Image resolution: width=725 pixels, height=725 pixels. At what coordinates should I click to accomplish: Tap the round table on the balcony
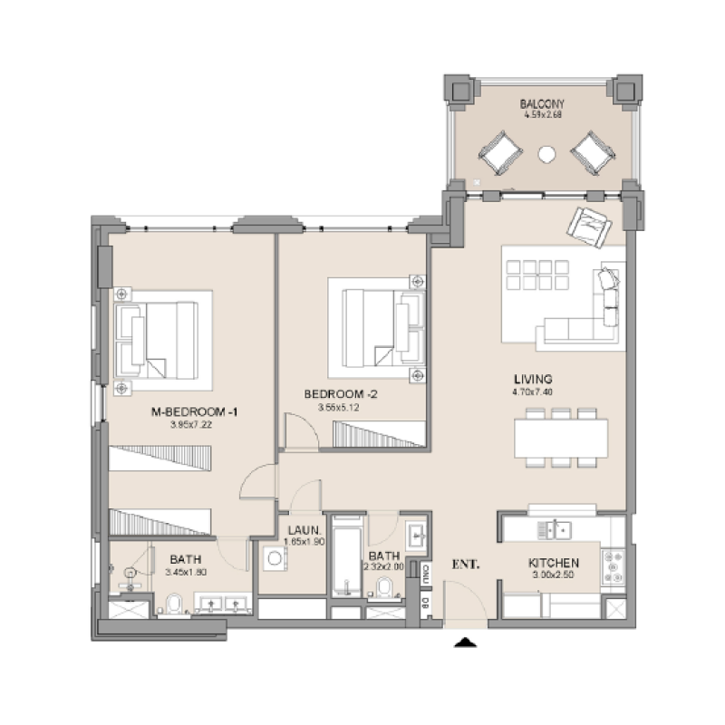click(546, 154)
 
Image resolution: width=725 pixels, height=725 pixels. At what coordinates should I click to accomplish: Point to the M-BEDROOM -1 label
click(194, 412)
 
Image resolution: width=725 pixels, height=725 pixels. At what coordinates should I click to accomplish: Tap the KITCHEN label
click(554, 563)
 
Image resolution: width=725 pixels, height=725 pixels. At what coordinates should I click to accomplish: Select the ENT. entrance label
click(465, 564)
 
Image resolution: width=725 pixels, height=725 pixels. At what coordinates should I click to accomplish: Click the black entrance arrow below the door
click(465, 643)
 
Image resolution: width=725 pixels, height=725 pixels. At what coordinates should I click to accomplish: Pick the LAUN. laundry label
click(301, 530)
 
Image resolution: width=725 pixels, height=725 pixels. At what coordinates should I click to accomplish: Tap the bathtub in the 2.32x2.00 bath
click(346, 555)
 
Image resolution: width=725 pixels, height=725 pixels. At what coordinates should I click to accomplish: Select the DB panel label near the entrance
click(426, 601)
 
